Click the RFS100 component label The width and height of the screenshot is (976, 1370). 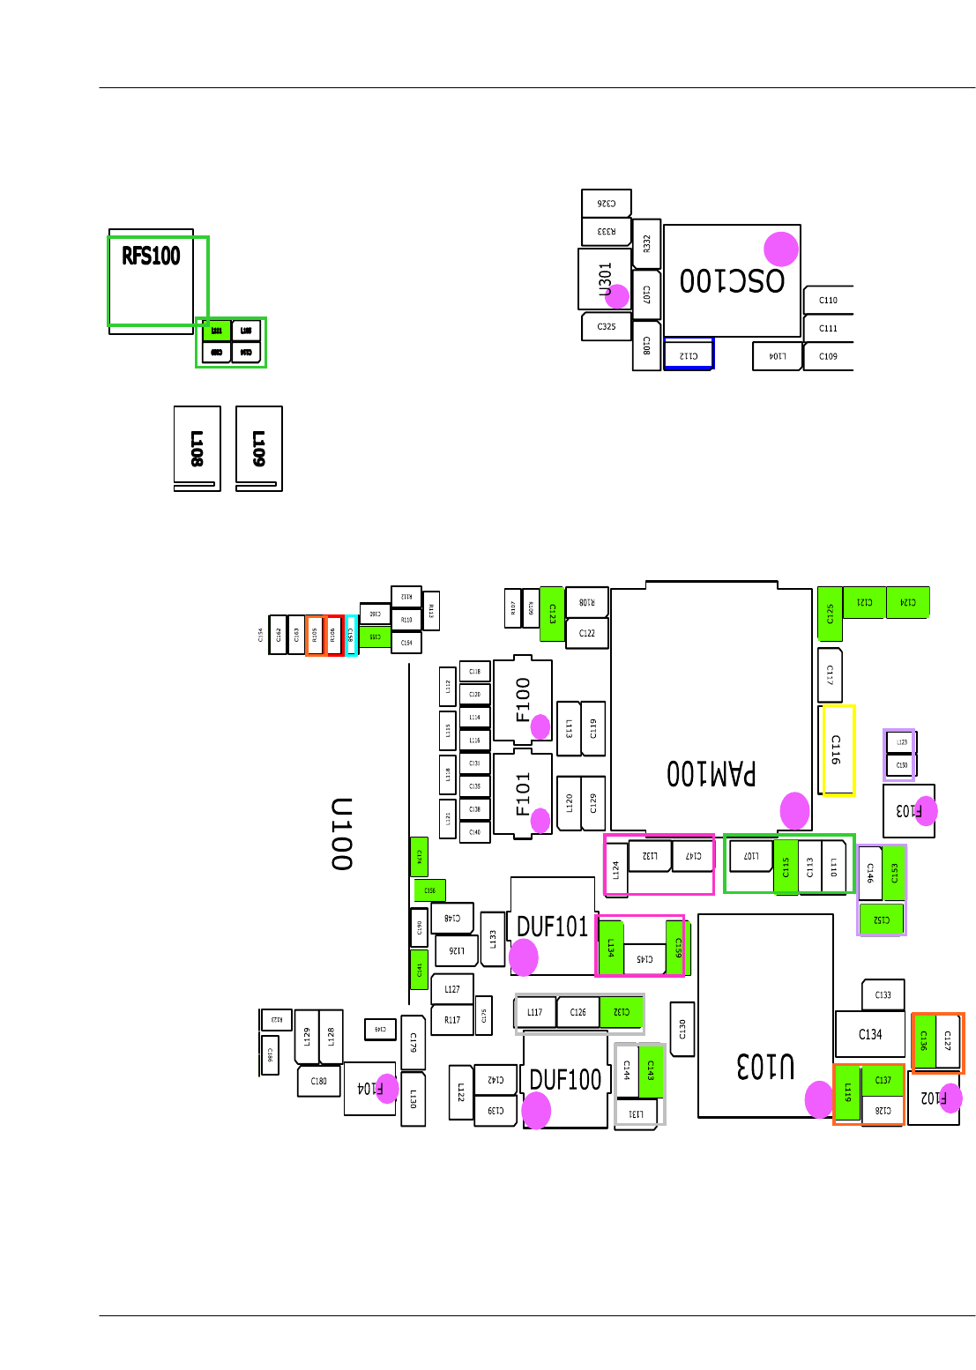[x=151, y=257]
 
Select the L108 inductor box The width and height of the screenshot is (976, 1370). [x=197, y=448]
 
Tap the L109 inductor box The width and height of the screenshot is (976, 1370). [x=258, y=448]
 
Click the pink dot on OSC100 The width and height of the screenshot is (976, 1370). [x=780, y=249]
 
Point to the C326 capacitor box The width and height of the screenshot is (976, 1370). [x=607, y=203]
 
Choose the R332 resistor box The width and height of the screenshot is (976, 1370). [x=647, y=243]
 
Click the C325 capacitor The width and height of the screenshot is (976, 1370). [x=607, y=326]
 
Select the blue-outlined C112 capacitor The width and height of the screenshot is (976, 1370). [x=689, y=355]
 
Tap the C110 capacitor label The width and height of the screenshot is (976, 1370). [x=828, y=300]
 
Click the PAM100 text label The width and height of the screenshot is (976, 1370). [x=711, y=773]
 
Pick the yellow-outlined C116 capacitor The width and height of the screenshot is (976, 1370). [x=838, y=749]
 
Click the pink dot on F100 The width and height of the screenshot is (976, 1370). [x=540, y=727]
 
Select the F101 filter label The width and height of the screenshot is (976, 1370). [x=524, y=793]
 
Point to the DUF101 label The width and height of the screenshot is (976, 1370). [x=552, y=927]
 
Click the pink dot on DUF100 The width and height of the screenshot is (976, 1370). [x=536, y=1110]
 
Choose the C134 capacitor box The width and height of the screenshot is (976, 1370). [x=870, y=1034]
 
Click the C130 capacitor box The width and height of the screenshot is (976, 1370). [x=682, y=1028]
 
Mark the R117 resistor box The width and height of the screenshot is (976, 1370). [x=452, y=1020]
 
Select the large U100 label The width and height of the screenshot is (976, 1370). [x=341, y=834]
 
